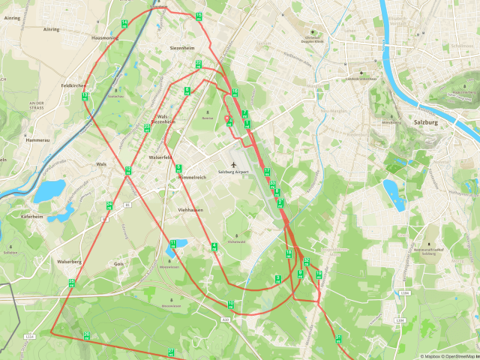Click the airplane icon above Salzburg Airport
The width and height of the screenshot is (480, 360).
(233, 163)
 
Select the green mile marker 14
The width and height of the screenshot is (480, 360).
(124, 23)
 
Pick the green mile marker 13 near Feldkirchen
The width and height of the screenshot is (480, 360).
(85, 95)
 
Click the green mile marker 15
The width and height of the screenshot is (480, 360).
(199, 16)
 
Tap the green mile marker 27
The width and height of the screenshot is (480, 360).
(171, 351)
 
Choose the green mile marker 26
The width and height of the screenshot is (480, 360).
(87, 335)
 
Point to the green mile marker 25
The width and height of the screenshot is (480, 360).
(72, 282)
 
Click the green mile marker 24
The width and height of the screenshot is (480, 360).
(109, 205)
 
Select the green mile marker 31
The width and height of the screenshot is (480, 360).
(338, 338)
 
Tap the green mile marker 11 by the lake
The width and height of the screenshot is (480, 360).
(173, 243)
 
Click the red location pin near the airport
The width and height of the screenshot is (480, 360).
(227, 118)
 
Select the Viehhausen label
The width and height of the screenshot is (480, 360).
(190, 210)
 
